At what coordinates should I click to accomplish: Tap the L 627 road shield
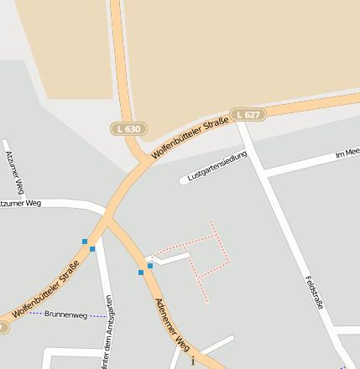pos(248,114)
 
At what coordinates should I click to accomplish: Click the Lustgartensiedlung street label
pos(217,166)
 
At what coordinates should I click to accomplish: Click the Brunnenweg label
pos(65,314)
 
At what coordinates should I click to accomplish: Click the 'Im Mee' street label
pos(347,153)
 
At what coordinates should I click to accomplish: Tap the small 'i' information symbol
pos(193,361)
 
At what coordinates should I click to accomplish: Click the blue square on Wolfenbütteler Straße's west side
pos(85,242)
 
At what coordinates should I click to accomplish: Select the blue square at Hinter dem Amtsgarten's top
pos(92,248)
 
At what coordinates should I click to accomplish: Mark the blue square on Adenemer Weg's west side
pos(141,272)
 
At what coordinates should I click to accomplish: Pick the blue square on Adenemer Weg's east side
pos(150,266)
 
